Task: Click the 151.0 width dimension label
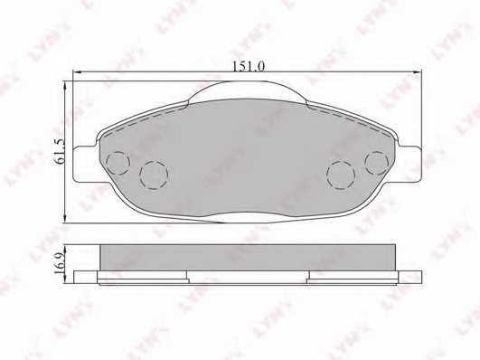246,64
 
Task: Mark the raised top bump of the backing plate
246,90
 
